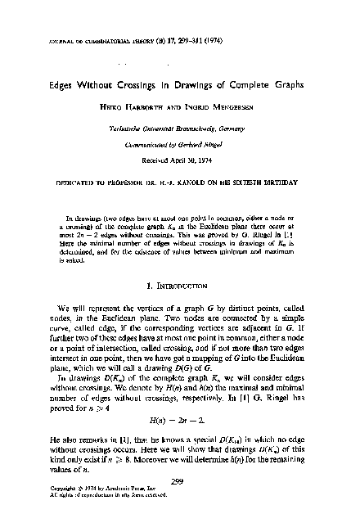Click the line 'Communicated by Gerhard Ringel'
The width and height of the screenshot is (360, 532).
(x=181, y=144)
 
